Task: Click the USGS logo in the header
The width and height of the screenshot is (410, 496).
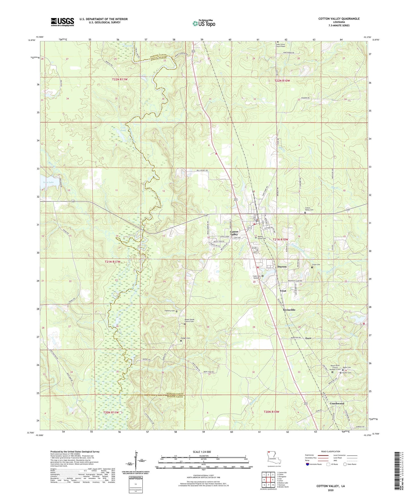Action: pos(62,22)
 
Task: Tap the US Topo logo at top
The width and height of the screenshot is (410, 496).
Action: pos(204,23)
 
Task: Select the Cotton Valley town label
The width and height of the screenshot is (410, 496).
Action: pos(234,233)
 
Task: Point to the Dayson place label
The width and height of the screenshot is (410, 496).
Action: pos(282,267)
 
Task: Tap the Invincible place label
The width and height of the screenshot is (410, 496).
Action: pos(289,310)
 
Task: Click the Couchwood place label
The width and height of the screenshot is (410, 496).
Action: pos(337,403)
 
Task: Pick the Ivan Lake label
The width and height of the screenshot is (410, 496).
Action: pos(48,182)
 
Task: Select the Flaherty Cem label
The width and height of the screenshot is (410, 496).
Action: pos(169,311)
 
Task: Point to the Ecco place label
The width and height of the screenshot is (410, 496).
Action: pos(308,338)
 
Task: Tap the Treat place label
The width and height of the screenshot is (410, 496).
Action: pos(283,291)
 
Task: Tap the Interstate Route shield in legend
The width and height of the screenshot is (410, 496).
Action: pos(308,464)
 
